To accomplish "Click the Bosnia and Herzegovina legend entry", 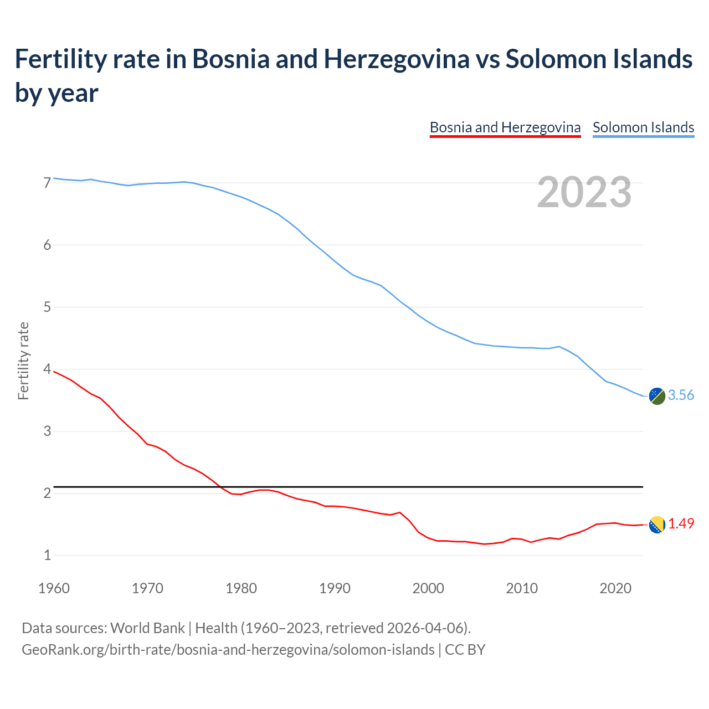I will click(505, 127).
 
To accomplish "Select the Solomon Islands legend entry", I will click(643, 127).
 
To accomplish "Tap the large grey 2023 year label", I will click(584, 192).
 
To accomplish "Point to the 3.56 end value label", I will click(681, 395).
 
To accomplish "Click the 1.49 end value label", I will click(681, 523).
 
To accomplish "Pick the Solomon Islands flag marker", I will click(657, 396).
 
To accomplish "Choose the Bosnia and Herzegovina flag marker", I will click(657, 525).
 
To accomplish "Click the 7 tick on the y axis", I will click(47, 183).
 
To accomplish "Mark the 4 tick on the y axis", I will click(47, 369).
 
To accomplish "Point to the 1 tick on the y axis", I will click(47, 555).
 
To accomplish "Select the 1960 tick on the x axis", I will click(54, 588).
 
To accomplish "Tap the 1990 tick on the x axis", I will click(335, 588).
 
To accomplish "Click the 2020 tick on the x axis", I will click(615, 588).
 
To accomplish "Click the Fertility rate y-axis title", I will click(23, 361).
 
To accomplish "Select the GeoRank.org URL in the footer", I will click(228, 649).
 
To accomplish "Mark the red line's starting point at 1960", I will click(54, 372).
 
